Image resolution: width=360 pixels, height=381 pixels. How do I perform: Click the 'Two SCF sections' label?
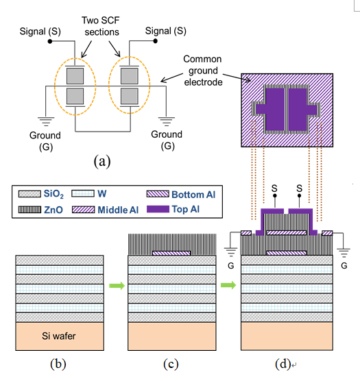coord(101,26)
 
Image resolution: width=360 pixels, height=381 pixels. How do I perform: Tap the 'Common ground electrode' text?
coord(203,71)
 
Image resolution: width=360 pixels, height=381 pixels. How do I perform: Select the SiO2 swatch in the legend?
coord(29,194)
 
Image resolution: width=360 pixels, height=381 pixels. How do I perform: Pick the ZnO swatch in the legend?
coord(29,210)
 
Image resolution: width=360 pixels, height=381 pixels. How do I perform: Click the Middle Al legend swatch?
coord(84,210)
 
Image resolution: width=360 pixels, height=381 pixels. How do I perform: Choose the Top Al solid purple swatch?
coord(158,209)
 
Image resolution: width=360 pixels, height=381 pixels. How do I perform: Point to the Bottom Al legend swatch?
coord(158,194)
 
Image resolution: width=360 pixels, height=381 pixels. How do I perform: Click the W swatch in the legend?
coord(83,194)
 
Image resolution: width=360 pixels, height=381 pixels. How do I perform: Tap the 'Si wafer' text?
coord(58,336)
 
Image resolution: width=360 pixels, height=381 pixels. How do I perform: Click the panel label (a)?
coord(102,161)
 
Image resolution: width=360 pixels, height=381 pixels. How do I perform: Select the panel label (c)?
coord(171,365)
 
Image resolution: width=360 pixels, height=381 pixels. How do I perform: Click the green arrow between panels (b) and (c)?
coord(117,286)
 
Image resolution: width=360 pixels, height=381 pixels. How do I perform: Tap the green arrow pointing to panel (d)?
coord(228,285)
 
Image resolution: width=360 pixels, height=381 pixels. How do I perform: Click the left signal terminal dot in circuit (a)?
coord(50,41)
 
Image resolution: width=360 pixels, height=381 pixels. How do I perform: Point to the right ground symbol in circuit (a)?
coord(166,121)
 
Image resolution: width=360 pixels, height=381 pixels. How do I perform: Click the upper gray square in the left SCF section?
coord(75,76)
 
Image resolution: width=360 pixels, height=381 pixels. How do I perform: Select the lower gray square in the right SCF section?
coord(130,96)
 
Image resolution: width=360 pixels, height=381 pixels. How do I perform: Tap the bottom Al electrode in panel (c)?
coord(171,253)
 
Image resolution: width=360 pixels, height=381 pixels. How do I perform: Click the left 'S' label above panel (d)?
coord(274,188)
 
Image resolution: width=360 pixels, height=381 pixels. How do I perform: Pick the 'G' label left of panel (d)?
coord(231,266)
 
